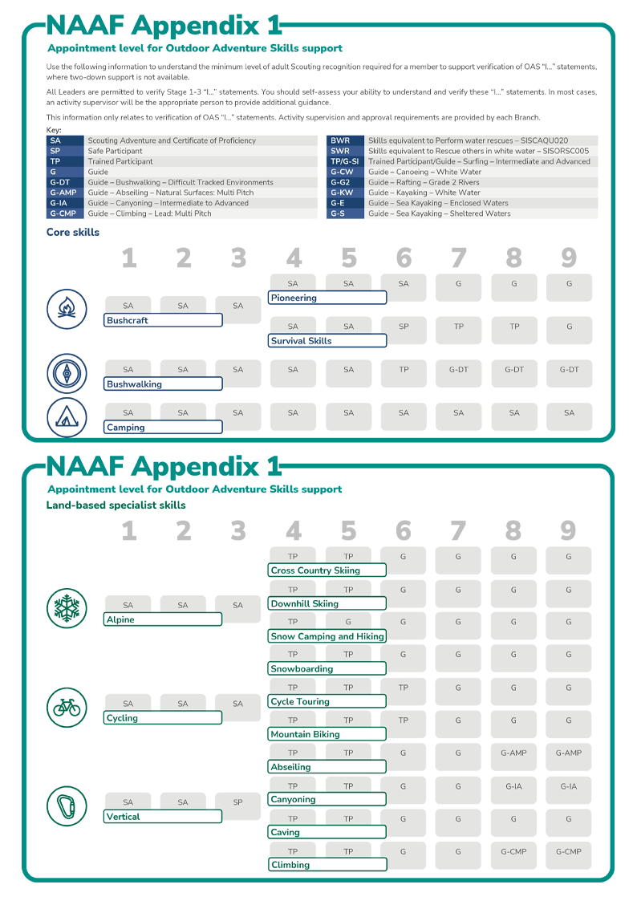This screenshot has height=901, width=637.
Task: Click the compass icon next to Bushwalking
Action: tap(67, 374)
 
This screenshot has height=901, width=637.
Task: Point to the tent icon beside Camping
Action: tap(67, 417)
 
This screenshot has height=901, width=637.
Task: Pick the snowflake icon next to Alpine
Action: tap(67, 607)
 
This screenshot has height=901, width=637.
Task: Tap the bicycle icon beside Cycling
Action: tap(67, 707)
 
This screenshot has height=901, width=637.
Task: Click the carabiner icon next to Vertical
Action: tap(67, 806)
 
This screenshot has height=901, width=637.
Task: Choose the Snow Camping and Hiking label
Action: tap(327, 636)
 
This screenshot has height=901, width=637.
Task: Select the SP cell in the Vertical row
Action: tap(237, 802)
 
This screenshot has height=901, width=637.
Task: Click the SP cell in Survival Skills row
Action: tap(404, 327)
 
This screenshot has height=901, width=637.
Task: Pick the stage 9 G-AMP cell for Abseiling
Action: tap(569, 753)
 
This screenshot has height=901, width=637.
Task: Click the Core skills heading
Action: tap(73, 233)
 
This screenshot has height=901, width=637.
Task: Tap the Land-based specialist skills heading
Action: tap(116, 505)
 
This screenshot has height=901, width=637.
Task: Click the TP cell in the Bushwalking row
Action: tap(404, 370)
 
